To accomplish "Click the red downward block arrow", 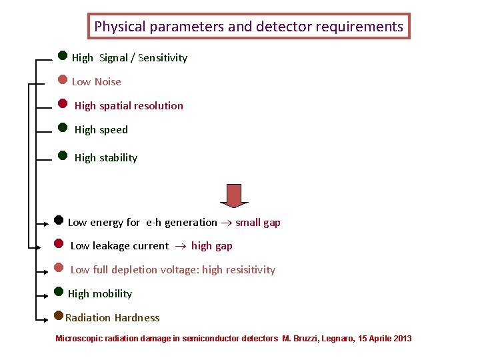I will pos(234,195).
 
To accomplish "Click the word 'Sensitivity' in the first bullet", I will pos(163,58).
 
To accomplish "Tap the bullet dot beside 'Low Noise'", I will pos(62,80).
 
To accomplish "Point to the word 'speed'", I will pos(113,130).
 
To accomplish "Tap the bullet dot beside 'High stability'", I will pos(63,155).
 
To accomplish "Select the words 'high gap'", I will pos(212,246).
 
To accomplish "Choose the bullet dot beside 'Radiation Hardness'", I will pos(59,315).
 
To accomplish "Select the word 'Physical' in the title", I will pos(120,27).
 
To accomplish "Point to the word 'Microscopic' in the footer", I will pos(79,339).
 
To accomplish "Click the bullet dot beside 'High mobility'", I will pos(59,291).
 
